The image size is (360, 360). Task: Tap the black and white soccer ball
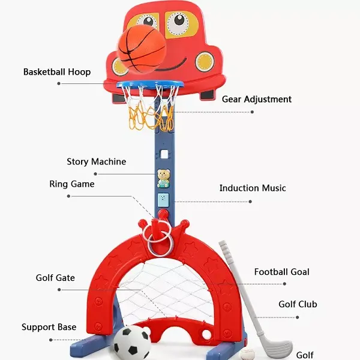pos(132,343)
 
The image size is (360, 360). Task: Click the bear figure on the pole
pos(163,178)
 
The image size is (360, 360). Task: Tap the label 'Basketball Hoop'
pos(57,72)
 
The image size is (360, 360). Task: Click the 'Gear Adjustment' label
pos(257,99)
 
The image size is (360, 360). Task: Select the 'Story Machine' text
pos(96,162)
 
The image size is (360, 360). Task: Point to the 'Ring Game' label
pos(72,184)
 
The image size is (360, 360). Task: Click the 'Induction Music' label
pos(253,188)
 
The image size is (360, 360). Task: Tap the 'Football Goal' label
pos(282,272)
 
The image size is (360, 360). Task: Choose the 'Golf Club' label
pos(298,304)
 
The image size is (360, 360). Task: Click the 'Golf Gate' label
pos(55,278)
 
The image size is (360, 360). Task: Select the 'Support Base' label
pos(49,327)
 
